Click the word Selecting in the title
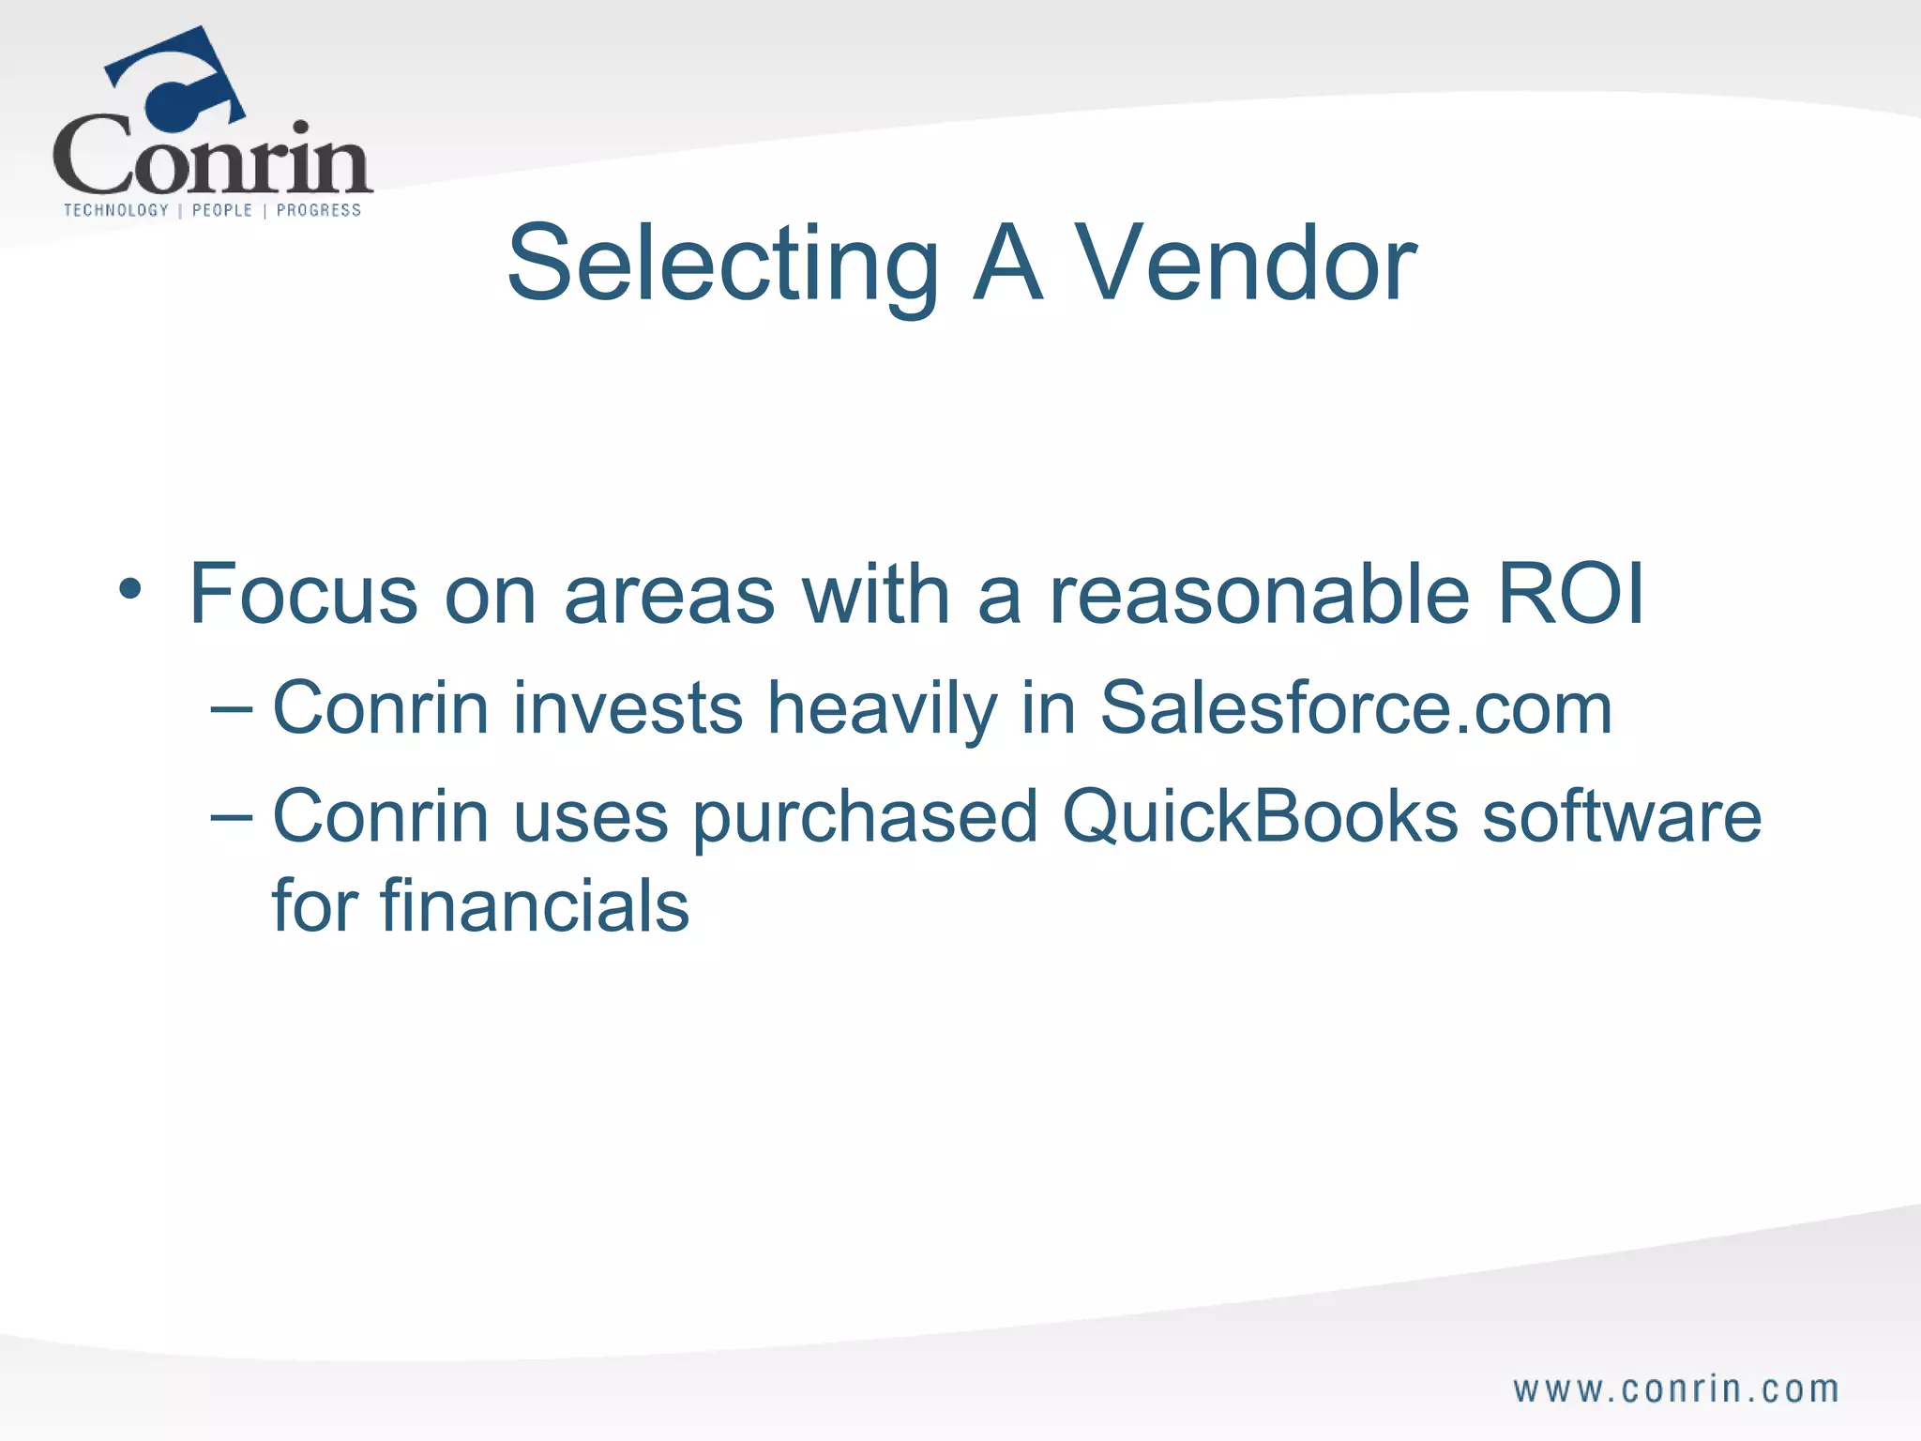pos(722,265)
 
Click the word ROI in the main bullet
pos(1570,594)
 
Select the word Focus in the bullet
pos(303,594)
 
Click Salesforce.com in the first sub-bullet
pos(1355,708)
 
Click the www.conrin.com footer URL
pos(1675,1389)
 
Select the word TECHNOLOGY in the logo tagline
pos(116,210)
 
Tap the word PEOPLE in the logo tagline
pos(222,210)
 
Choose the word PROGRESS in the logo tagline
pos(319,210)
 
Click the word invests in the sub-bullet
pos(628,708)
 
